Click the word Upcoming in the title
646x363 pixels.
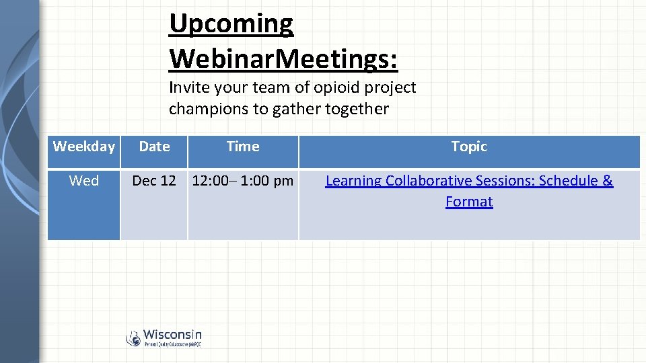pyautogui.click(x=231, y=24)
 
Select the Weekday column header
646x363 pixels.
pyautogui.click(x=84, y=147)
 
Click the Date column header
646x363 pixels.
pyautogui.click(x=154, y=147)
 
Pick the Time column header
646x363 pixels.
pyautogui.click(x=243, y=147)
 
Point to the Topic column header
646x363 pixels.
pyautogui.click(x=469, y=147)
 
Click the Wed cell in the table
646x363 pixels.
pyautogui.click(x=84, y=181)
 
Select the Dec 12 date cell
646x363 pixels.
pyautogui.click(x=154, y=181)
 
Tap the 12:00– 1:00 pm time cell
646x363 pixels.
pyautogui.click(x=243, y=181)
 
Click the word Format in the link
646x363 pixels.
pyautogui.click(x=469, y=202)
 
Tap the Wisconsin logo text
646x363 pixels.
pyautogui.click(x=172, y=334)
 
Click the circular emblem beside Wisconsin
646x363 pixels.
pyautogui.click(x=133, y=338)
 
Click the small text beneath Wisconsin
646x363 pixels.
pyautogui.click(x=172, y=344)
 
